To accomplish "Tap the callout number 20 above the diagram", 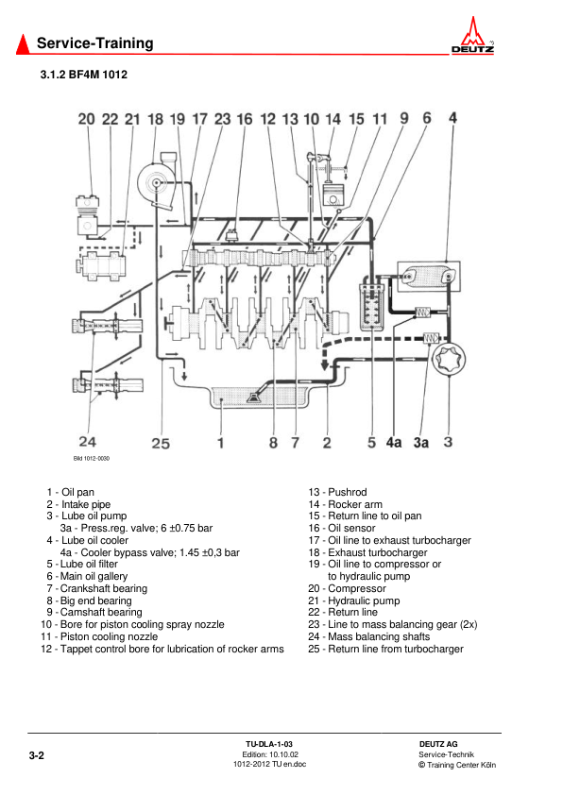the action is click(x=86, y=119).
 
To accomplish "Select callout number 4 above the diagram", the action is click(x=452, y=118).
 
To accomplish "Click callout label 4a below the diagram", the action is click(x=394, y=443).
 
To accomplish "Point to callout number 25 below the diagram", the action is click(x=161, y=444).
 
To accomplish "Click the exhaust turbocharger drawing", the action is click(x=157, y=181).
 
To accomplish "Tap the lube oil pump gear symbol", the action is click(x=449, y=359).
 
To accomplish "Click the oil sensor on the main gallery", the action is click(x=232, y=236).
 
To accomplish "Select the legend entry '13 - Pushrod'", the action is click(x=337, y=492).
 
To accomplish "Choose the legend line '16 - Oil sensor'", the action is click(x=342, y=529).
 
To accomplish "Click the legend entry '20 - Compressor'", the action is click(x=347, y=588).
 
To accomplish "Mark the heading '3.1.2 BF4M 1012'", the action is click(x=84, y=75).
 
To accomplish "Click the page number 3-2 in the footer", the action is click(x=37, y=755).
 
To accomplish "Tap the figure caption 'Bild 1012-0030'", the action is click(x=92, y=458).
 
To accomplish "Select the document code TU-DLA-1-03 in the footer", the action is click(x=269, y=744).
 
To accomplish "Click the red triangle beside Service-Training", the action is click(x=24, y=44).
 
